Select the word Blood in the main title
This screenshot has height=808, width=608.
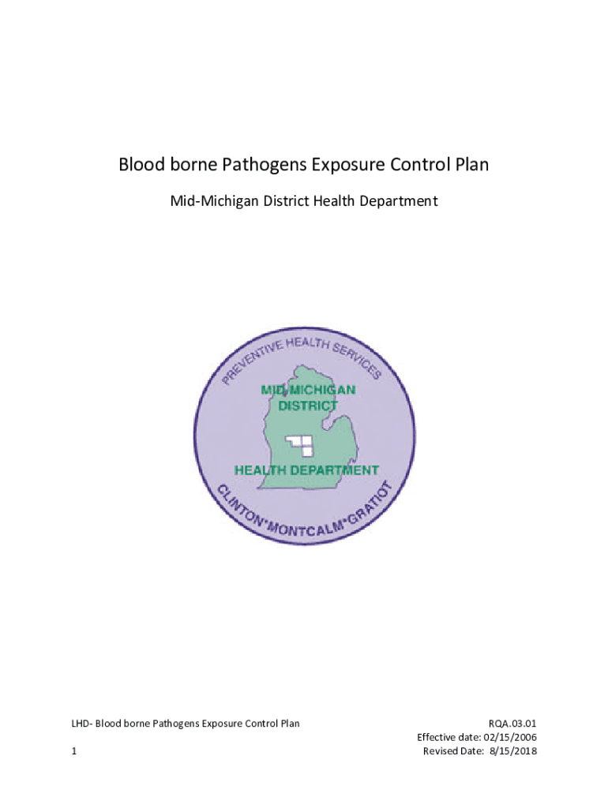(140, 166)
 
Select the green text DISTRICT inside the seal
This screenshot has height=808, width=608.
(308, 406)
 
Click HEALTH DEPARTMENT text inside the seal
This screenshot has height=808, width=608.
(308, 470)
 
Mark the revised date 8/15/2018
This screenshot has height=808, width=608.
(512, 751)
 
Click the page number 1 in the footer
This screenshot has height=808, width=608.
(73, 751)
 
